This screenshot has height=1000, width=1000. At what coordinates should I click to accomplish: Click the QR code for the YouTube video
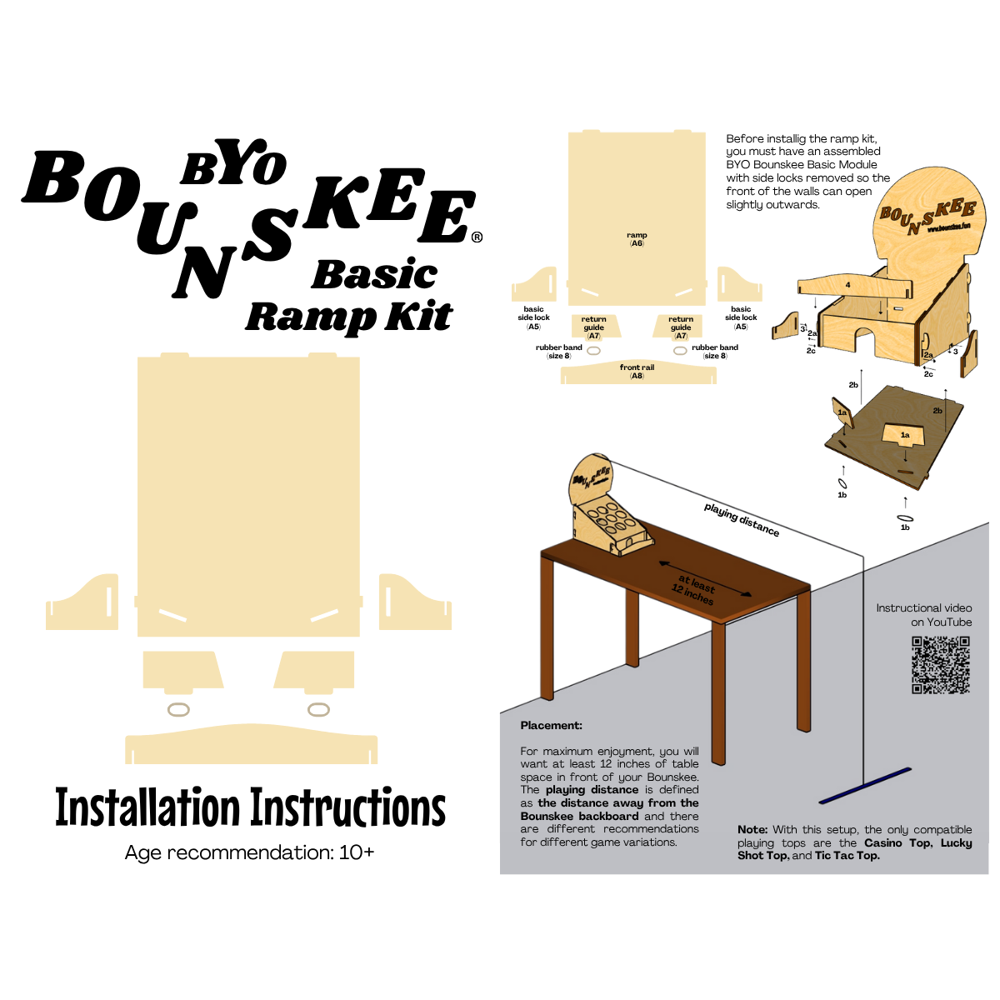pyautogui.click(x=940, y=664)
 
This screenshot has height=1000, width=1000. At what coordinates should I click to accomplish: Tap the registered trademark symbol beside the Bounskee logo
pyautogui.click(x=477, y=237)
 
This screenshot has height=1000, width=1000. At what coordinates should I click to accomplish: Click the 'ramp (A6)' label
pyautogui.click(x=636, y=239)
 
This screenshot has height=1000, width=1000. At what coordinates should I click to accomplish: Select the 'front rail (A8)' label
pyautogui.click(x=636, y=371)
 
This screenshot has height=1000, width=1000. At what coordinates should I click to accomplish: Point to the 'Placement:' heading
pyautogui.click(x=551, y=725)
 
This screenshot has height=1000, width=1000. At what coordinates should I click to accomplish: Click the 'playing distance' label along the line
pyautogui.click(x=741, y=519)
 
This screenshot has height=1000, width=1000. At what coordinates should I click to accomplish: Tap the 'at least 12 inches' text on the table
pyautogui.click(x=694, y=589)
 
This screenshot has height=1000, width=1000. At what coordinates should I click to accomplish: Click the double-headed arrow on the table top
pyautogui.click(x=705, y=578)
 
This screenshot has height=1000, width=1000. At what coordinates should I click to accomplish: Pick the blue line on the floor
pyautogui.click(x=864, y=785)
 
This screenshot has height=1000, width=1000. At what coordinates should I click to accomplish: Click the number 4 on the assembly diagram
pyautogui.click(x=847, y=284)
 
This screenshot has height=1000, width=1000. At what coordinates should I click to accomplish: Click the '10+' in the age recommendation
pyautogui.click(x=356, y=852)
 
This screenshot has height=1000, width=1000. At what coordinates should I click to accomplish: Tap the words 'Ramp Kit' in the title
pyautogui.click(x=348, y=317)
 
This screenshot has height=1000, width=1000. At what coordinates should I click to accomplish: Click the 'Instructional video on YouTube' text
pyautogui.click(x=923, y=614)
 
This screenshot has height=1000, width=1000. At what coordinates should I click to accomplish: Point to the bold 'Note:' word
pyautogui.click(x=752, y=829)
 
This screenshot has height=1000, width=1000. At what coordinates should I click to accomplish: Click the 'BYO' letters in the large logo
pyautogui.click(x=233, y=162)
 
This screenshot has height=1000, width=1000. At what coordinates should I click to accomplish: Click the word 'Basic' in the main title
pyautogui.click(x=374, y=273)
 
